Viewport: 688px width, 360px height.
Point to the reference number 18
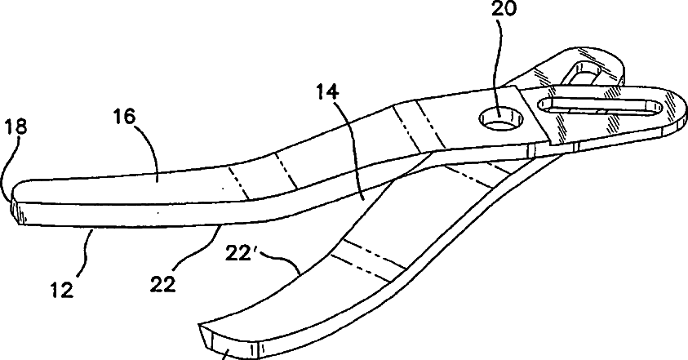coord(14,127)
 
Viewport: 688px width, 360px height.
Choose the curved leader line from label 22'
coord(290,265)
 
